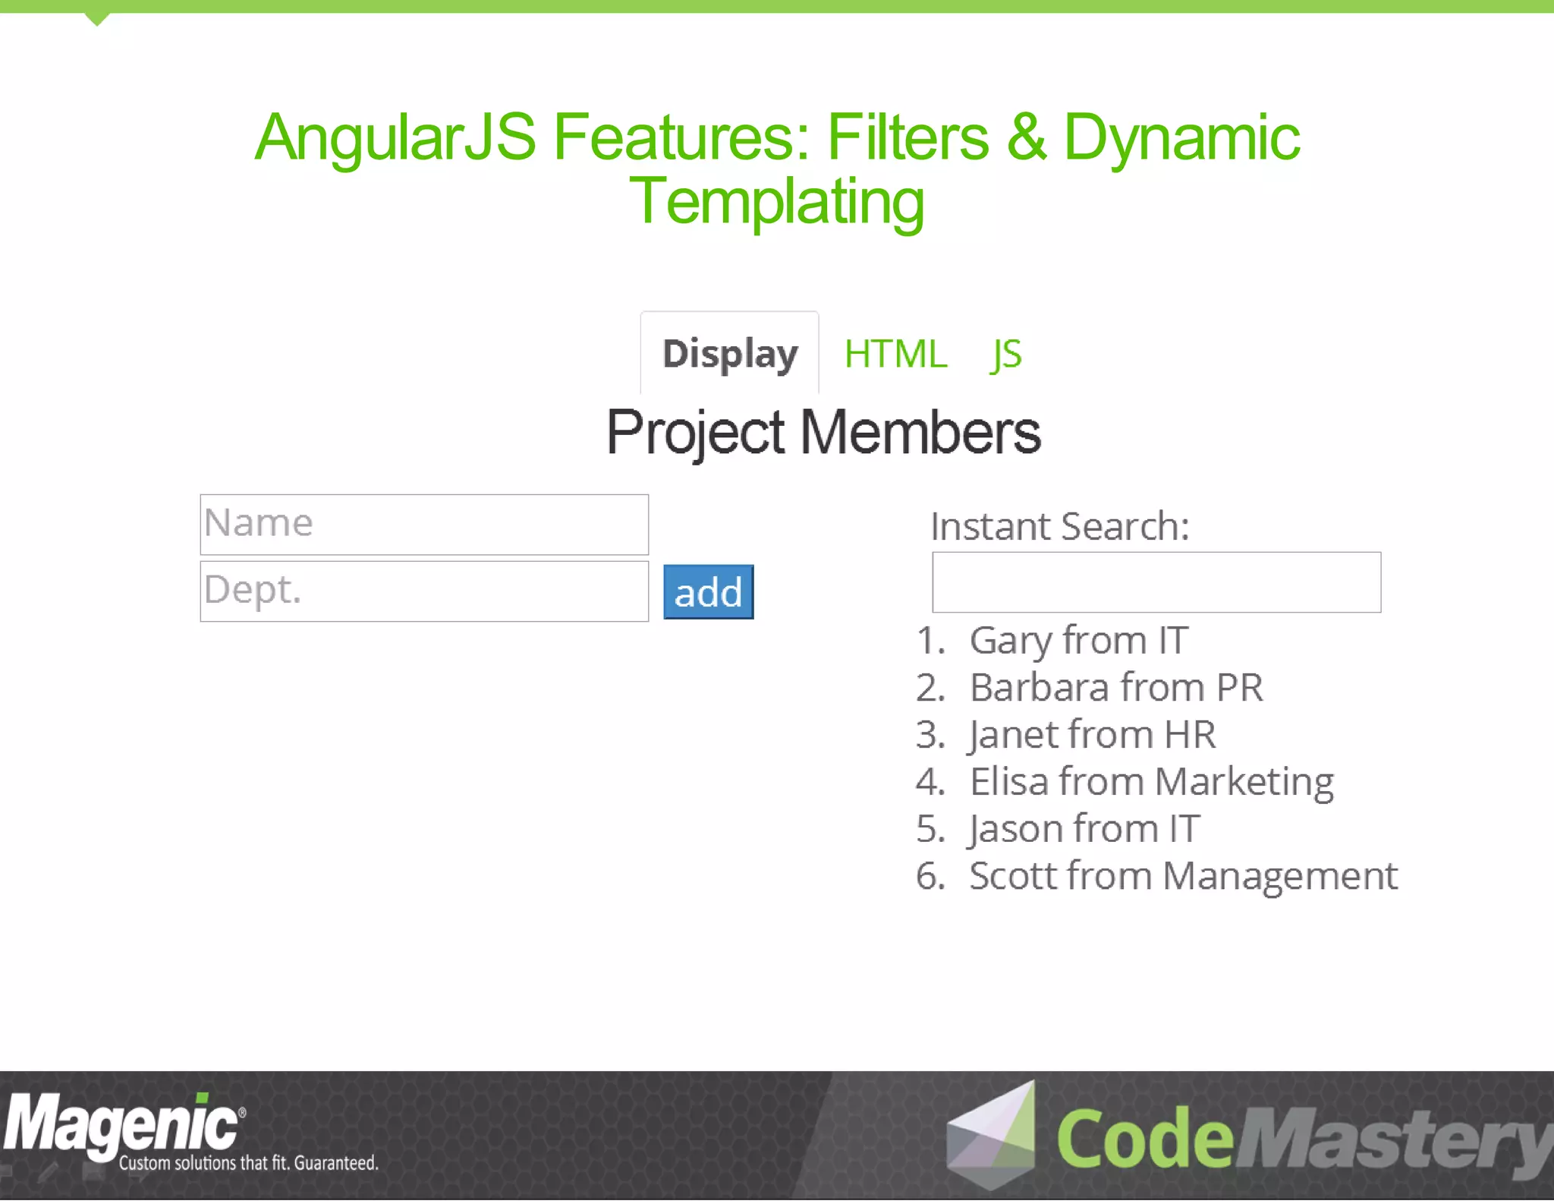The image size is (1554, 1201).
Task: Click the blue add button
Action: coord(708,592)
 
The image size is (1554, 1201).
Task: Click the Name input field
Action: coord(424,525)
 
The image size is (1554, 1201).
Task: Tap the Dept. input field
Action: coord(424,591)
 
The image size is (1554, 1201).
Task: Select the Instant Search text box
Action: coord(1156,582)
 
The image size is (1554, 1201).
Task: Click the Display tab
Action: coord(729,354)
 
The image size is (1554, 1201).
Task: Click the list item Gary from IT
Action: coord(1078,640)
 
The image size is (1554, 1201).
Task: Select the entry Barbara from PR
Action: coord(1115,688)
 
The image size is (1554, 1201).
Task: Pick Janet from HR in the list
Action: coord(1092,735)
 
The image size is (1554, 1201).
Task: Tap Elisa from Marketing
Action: coord(1151,782)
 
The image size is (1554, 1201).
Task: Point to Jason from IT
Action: coord(1084,829)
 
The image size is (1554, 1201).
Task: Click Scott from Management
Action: coord(1182,876)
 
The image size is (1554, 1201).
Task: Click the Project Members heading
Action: coord(823,432)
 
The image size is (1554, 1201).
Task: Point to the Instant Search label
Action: coord(1059,526)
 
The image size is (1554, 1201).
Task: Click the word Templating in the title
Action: coord(777,201)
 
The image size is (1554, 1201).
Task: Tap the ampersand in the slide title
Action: coord(1026,137)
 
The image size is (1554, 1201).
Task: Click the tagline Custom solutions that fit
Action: coord(248,1163)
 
